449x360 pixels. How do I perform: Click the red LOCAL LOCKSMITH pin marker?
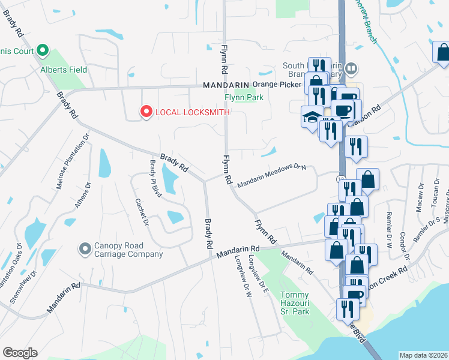coord(145,112)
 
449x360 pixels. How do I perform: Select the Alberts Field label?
coord(63,70)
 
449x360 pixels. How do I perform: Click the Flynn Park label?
coord(244,97)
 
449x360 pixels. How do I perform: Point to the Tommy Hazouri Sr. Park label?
coord(295,303)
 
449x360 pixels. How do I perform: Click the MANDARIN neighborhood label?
coord(226,85)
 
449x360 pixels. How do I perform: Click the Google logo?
coord(20,353)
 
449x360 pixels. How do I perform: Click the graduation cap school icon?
coord(311,117)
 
